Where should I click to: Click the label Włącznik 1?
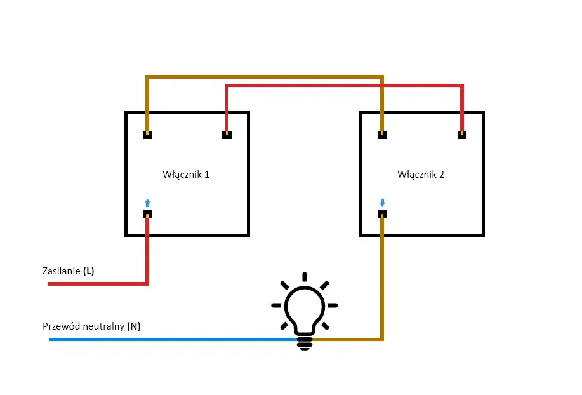[186, 174]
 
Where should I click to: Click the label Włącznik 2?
[421, 174]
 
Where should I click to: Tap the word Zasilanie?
[61, 271]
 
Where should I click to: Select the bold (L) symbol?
[88, 271]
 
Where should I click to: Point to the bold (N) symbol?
[134, 326]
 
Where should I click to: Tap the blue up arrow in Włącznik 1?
[148, 203]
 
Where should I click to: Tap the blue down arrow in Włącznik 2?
[382, 203]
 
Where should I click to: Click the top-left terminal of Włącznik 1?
[147, 135]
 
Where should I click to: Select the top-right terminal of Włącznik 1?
[227, 135]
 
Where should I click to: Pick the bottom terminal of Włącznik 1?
[147, 214]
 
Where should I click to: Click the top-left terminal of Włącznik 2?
[382, 135]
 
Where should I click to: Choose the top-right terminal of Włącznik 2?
[462, 135]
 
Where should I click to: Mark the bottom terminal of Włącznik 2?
[382, 214]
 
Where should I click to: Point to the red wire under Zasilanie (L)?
[95, 283]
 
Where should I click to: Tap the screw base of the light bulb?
[305, 342]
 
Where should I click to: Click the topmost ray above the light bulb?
[305, 276]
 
